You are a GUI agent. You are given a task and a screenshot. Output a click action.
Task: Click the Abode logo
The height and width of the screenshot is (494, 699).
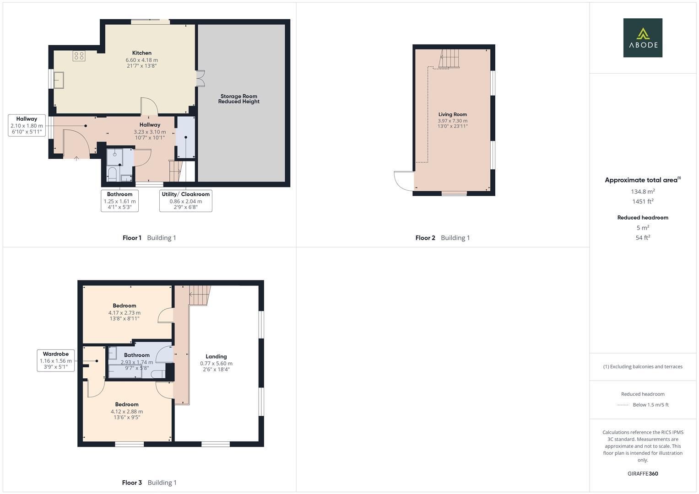pos(643,38)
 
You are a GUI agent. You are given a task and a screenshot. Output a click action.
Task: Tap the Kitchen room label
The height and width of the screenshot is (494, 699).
pos(142,53)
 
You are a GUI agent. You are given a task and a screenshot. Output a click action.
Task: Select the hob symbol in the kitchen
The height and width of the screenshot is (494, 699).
pos(79,56)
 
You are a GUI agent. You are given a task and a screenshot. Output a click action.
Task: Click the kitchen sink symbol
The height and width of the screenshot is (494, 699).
pos(59,80)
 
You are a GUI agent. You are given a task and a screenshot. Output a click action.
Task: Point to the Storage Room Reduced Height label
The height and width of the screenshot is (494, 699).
pos(239,99)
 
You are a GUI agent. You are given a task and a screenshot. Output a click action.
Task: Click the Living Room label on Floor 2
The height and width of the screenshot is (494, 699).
pos(452,114)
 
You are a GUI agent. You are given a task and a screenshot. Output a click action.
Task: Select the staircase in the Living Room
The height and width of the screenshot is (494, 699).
pos(449,59)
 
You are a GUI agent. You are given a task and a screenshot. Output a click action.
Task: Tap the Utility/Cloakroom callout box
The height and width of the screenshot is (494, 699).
pos(185,200)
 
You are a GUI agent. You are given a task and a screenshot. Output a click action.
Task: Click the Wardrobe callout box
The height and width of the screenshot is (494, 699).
pos(56,360)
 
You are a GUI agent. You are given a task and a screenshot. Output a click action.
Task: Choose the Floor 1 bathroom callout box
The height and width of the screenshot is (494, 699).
pos(119,200)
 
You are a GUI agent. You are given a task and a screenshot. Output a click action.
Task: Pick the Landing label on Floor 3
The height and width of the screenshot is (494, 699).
pos(216,356)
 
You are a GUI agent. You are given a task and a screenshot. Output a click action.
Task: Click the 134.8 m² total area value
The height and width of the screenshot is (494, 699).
pos(643,192)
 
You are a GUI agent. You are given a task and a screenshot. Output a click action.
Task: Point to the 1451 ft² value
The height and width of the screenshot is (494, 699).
pos(643,201)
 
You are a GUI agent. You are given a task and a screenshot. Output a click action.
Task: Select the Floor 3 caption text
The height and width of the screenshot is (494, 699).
pos(149,483)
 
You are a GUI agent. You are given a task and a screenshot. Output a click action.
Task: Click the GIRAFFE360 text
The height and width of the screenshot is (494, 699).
pos(643,473)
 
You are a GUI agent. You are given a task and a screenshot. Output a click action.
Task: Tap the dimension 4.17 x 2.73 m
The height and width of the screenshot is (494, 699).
pos(125,313)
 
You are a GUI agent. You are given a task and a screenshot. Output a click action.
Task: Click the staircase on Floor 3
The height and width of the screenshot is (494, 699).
pos(200,295)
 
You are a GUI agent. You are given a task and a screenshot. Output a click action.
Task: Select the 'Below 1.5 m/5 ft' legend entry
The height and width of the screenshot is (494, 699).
pos(650,405)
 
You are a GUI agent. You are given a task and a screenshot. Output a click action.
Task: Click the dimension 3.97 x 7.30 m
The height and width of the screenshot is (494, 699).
pos(452,121)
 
